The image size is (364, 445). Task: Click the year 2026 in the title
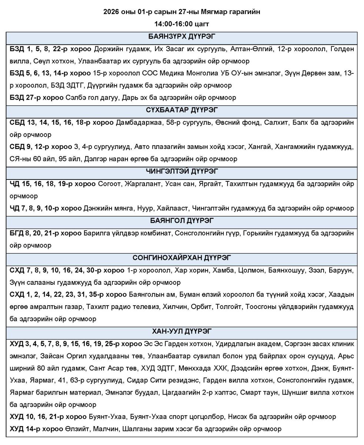tap(111, 12)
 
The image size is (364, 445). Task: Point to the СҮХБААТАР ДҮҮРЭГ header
tap(182, 110)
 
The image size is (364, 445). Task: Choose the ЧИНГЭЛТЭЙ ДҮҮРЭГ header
tap(182, 171)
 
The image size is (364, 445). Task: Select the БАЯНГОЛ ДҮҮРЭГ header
tap(182, 221)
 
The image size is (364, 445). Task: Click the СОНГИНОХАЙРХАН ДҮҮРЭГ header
tap(182, 257)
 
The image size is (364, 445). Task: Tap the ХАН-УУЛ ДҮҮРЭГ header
tap(182, 331)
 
